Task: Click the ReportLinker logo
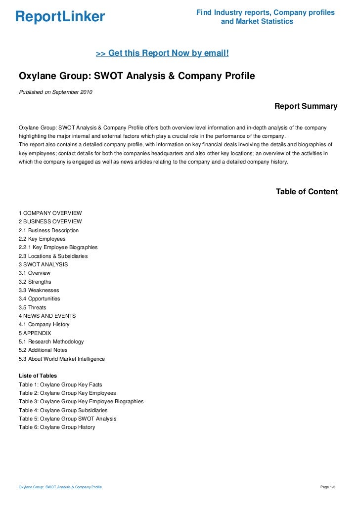click(60, 17)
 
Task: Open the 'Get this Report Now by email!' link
click(162, 53)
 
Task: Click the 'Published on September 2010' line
click(55, 92)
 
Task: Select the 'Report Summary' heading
click(306, 106)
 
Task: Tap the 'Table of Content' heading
click(307, 192)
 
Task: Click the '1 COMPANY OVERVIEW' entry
click(50, 213)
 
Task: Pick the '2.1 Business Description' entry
click(48, 230)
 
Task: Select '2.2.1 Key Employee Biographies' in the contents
click(58, 247)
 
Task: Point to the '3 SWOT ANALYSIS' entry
click(44, 264)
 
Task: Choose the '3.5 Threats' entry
click(32, 307)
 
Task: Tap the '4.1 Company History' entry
click(44, 324)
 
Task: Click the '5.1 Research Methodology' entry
click(51, 341)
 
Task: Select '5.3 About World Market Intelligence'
click(62, 359)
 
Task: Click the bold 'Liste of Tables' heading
click(38, 376)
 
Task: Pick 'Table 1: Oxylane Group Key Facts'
click(60, 384)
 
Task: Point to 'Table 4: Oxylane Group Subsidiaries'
click(63, 410)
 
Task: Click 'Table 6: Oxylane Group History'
click(57, 427)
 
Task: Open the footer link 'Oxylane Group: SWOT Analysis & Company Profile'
click(60, 487)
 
